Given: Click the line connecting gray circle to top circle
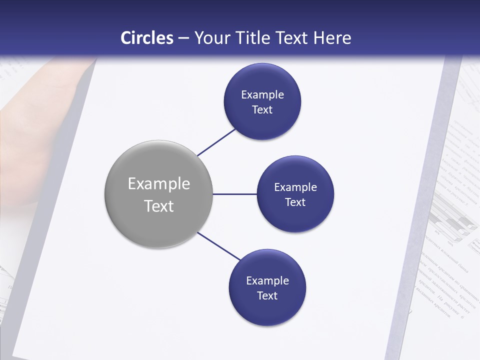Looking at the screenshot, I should tap(217, 142).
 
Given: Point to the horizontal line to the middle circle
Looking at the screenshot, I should tap(234, 194).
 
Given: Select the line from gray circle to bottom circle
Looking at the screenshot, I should tap(219, 246).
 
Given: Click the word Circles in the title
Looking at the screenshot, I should tap(147, 38).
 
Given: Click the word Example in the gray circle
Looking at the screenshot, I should tap(159, 184).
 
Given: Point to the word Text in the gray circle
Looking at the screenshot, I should tap(159, 206).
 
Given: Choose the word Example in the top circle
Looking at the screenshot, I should tap(262, 95).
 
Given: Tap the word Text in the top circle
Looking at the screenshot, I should tap(262, 110).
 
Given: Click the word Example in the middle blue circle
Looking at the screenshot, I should tap(295, 187).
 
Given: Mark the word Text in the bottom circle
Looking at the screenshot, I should tap(267, 296).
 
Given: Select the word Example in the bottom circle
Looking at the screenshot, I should tap(267, 281).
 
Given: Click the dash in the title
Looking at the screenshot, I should tap(183, 38).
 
